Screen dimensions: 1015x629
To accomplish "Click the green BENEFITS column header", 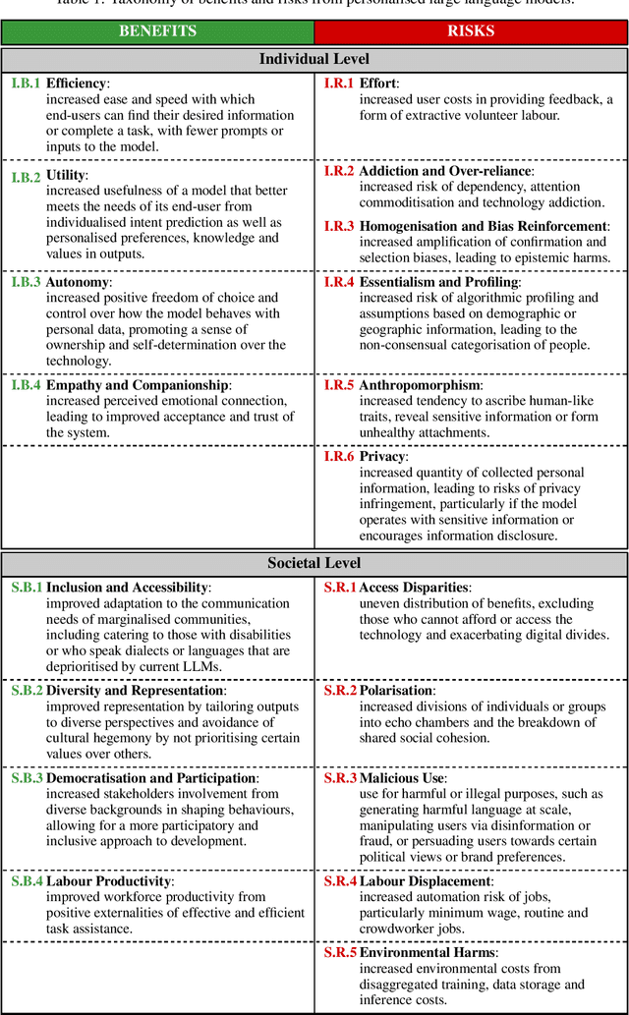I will tap(157, 31).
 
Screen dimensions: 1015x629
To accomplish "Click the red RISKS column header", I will tap(471, 31).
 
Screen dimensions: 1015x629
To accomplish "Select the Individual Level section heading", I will tap(314, 59).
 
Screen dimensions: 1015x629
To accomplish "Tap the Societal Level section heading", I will tap(314, 563).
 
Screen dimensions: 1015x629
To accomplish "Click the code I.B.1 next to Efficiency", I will tap(26, 84).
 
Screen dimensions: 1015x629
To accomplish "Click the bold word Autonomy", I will tap(78, 282).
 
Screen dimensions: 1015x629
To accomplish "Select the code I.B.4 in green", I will tap(26, 385).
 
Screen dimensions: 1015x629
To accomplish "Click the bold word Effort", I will tap(378, 84).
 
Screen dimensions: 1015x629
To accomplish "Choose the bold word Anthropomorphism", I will tap(420, 385).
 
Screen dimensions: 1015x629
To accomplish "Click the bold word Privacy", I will tap(381, 457).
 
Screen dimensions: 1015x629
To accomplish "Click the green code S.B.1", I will tap(27, 588).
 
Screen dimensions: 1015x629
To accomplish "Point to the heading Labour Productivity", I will tap(109, 881).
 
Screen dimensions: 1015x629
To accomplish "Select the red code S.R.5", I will tap(340, 953).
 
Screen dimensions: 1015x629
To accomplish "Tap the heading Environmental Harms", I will tap(428, 953).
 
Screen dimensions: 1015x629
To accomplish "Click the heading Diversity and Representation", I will tap(128, 691).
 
